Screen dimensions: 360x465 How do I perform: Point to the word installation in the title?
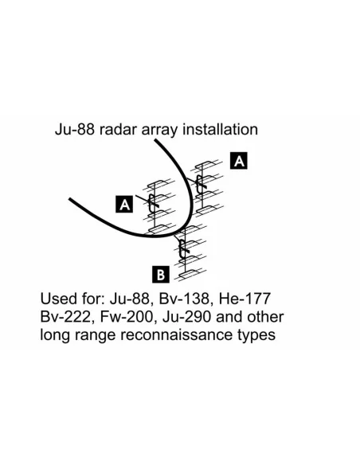pyautogui.click(x=220, y=130)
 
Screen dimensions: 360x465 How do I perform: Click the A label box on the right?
pyautogui.click(x=239, y=161)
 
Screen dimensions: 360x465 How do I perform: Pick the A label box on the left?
pyautogui.click(x=124, y=205)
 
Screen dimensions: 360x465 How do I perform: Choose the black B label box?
pyautogui.click(x=161, y=275)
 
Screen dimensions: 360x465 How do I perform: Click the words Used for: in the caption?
pyautogui.click(x=72, y=299)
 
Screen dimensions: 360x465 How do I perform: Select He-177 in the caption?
pyautogui.click(x=245, y=299)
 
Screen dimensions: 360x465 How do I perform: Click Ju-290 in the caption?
pyautogui.click(x=187, y=317)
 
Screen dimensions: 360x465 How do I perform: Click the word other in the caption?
pyautogui.click(x=265, y=317)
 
